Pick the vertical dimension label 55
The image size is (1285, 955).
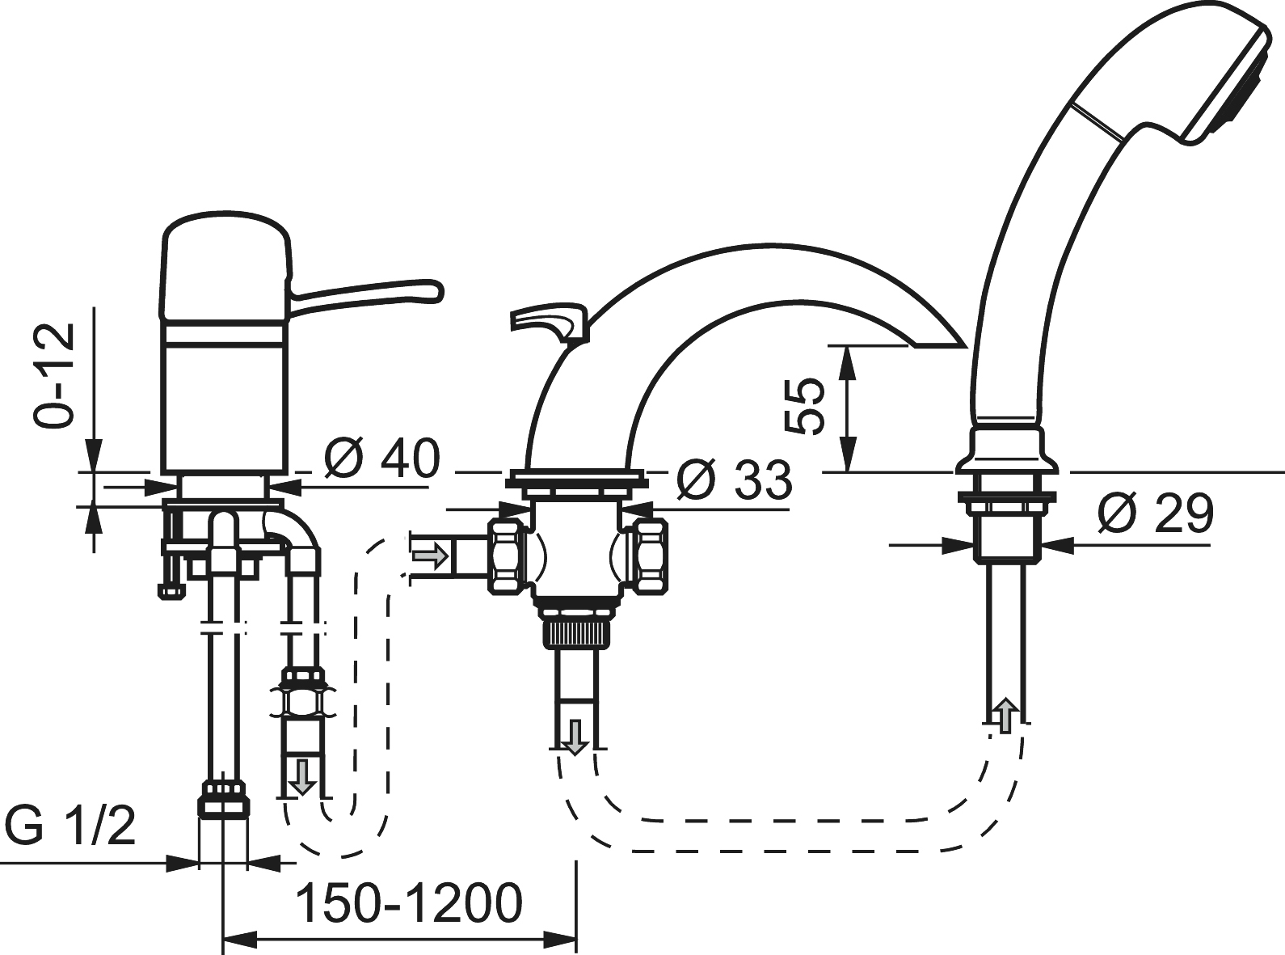(803, 406)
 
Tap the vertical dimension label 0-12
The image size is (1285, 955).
(54, 375)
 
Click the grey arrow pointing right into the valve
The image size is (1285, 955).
(430, 556)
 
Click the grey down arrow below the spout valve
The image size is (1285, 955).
(575, 737)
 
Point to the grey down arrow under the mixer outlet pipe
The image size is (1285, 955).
(302, 776)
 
